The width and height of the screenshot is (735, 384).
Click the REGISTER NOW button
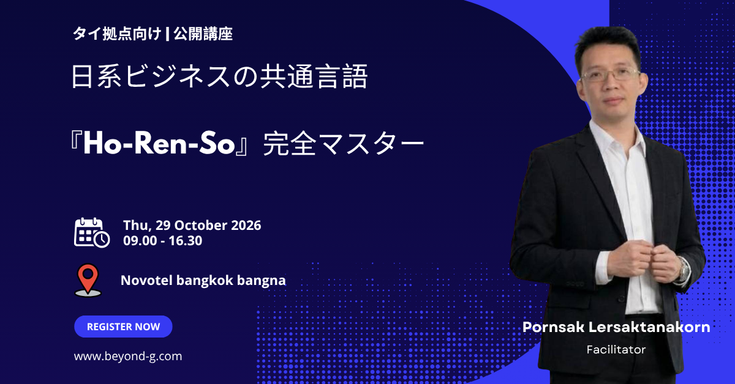tap(123, 327)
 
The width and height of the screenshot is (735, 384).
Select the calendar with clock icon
tap(92, 232)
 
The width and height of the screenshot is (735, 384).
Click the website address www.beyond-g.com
tap(128, 356)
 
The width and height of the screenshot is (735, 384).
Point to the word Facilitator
tap(616, 350)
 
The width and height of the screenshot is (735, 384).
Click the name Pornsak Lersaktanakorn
tap(616, 327)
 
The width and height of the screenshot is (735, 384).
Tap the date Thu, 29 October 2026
tap(192, 226)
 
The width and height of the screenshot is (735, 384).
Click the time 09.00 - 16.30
tap(163, 241)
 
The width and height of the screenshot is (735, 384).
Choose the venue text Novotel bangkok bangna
tap(203, 281)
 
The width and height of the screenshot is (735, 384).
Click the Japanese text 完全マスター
tap(344, 144)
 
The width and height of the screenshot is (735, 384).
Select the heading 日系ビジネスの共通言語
tap(219, 76)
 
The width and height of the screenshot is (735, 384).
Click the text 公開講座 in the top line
tap(203, 34)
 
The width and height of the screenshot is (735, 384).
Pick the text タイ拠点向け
tap(117, 34)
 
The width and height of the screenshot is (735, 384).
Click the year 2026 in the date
tap(246, 226)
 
